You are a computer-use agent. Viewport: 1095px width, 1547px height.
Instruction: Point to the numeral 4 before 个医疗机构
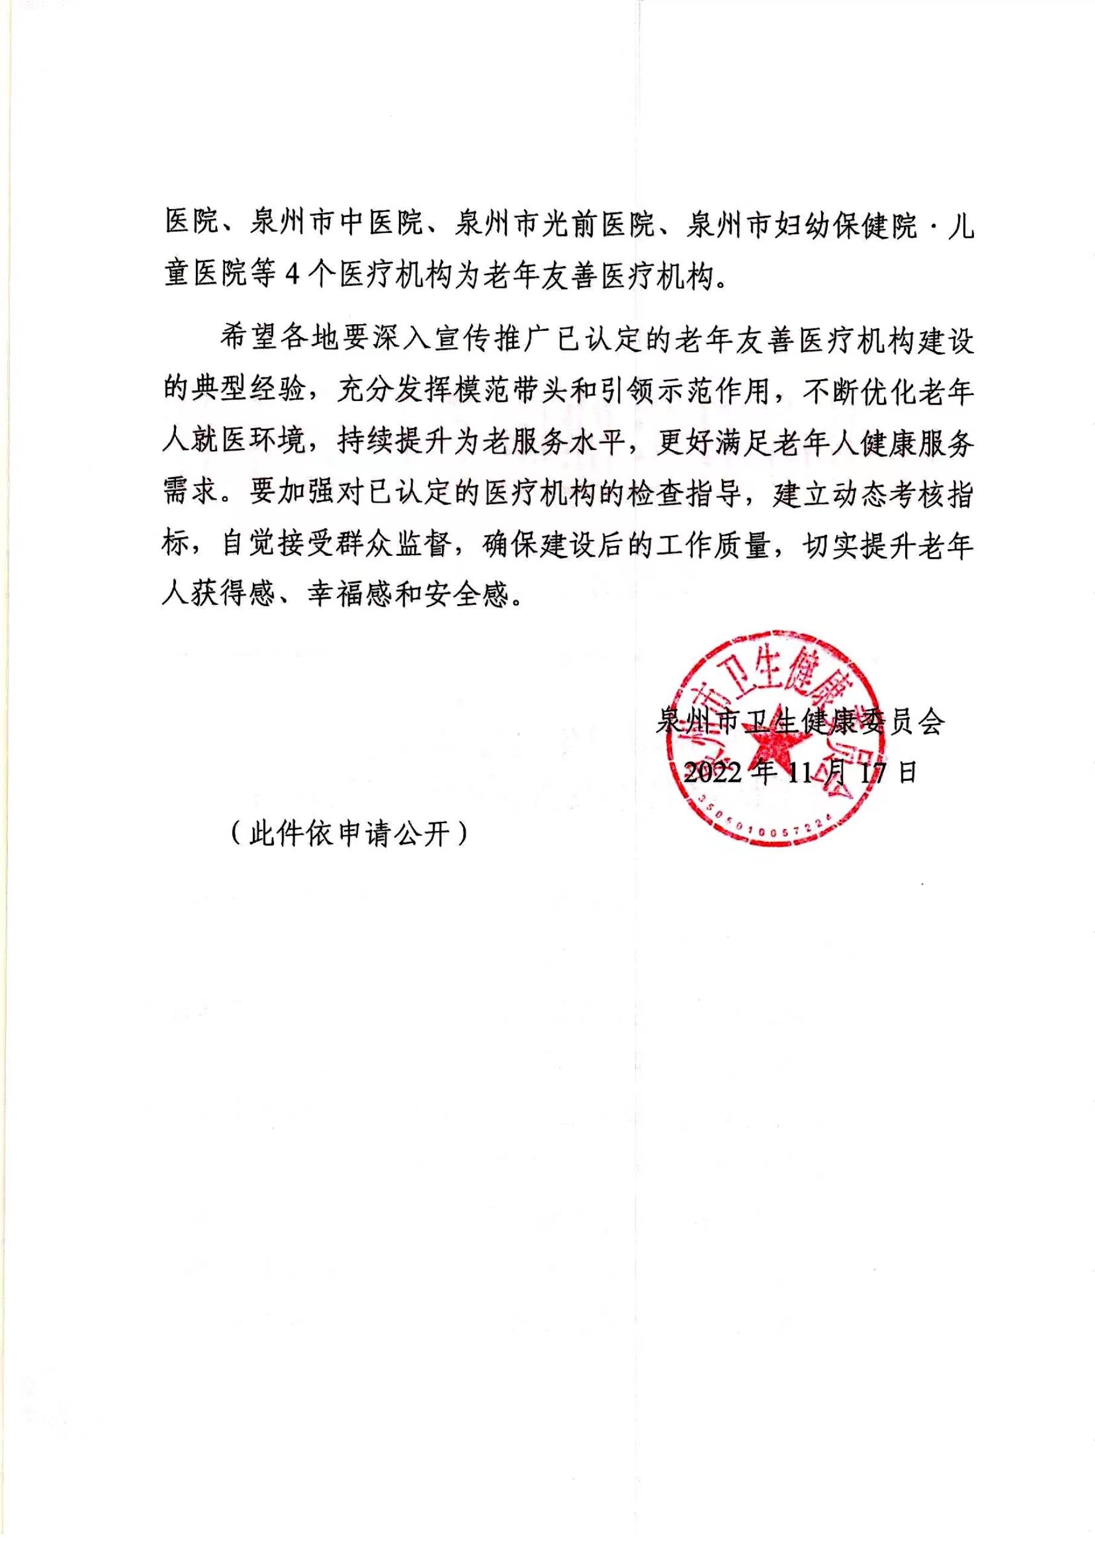point(291,275)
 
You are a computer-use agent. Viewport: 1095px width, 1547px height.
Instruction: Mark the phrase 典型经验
point(248,391)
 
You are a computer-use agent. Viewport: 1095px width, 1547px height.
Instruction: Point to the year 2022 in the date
point(713,772)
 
